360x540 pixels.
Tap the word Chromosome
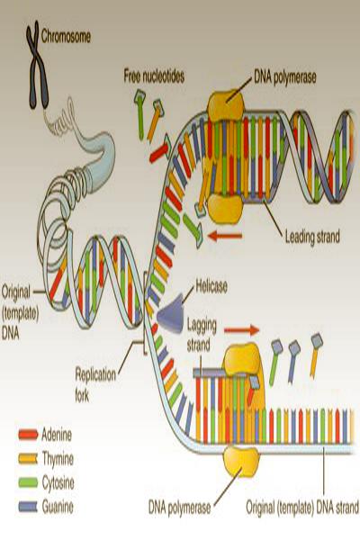66,37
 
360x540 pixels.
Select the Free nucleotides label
154,76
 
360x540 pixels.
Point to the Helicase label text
211,286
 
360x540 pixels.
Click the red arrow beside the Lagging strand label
241,330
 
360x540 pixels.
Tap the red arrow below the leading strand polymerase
225,236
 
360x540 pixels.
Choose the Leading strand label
312,238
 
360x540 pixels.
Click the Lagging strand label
202,335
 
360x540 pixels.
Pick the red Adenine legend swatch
28,435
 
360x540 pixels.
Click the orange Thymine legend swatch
28,459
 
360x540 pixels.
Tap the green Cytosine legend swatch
28,482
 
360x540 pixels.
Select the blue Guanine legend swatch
28,506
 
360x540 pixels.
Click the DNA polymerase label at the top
285,77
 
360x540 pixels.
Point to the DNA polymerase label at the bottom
179,508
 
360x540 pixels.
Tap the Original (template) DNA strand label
302,508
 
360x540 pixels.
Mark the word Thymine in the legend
58,459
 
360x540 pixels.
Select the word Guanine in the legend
58,507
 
